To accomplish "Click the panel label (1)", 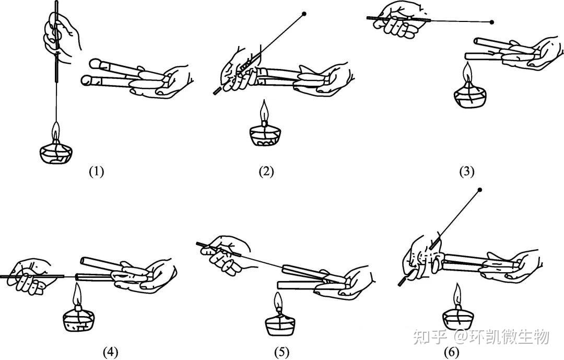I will point(97,171).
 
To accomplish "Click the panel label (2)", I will point(266,171).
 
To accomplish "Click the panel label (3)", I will point(466,171).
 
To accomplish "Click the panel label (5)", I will point(281,352).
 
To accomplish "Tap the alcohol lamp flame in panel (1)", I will point(55,131).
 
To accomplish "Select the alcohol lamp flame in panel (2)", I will point(265,111).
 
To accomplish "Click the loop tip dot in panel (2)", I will point(304,14).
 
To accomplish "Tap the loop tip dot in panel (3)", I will point(492,22).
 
